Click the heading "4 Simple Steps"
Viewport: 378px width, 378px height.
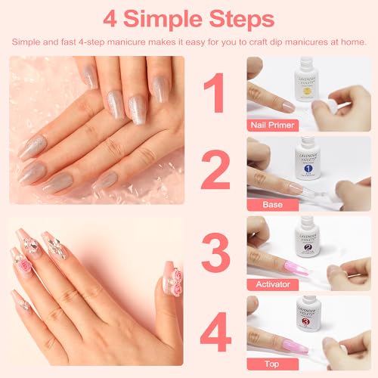(189, 17)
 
